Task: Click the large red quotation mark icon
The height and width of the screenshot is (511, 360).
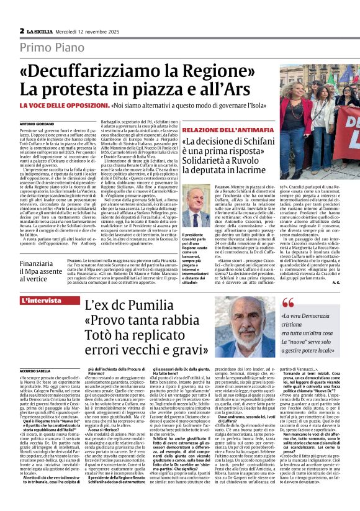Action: [x=288, y=304]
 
